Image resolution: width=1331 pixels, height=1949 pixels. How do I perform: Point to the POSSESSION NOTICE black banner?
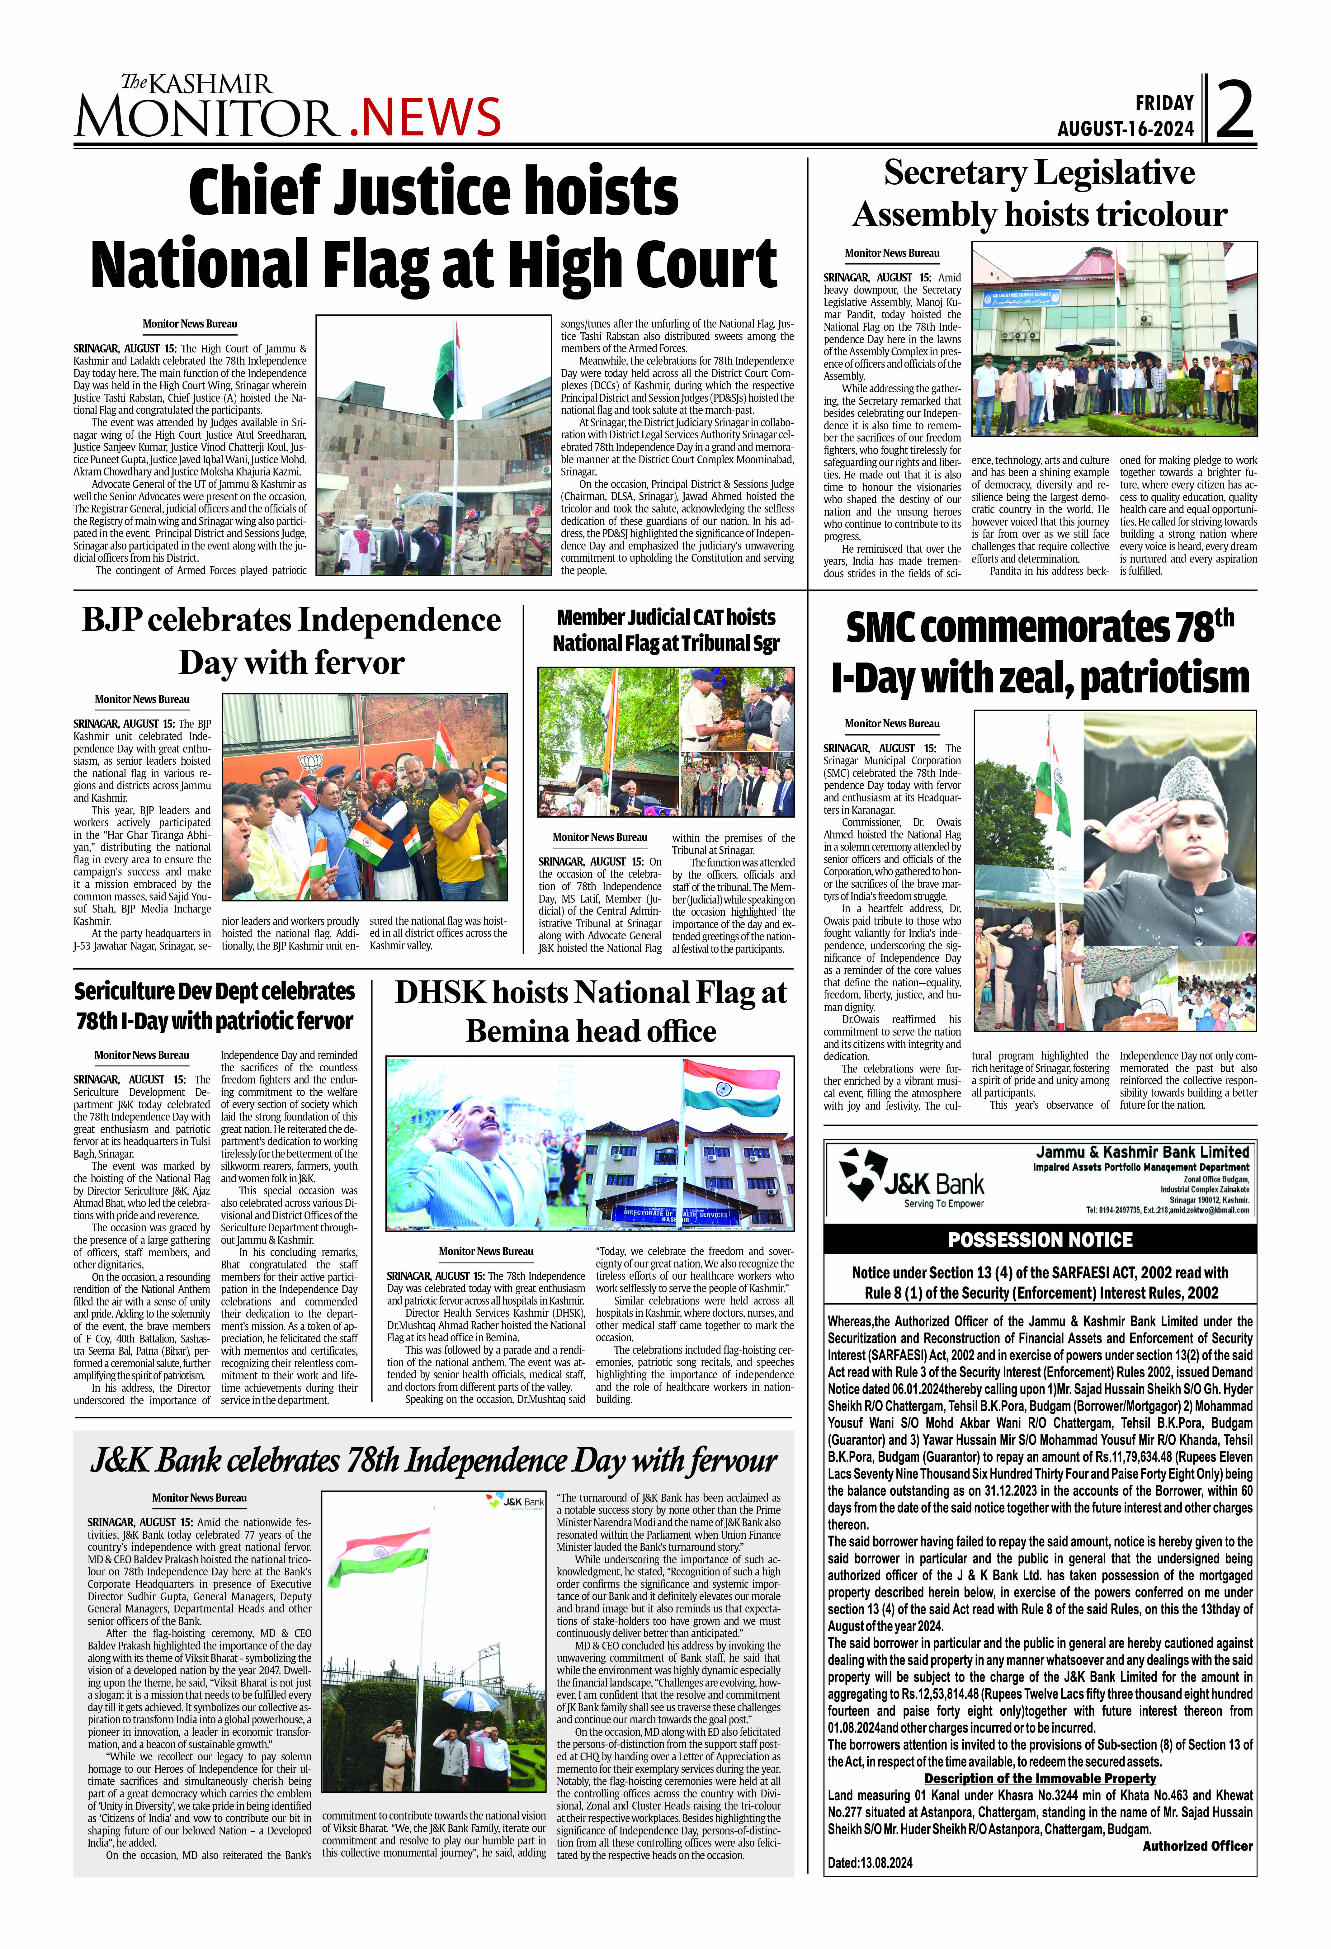tap(1040, 1239)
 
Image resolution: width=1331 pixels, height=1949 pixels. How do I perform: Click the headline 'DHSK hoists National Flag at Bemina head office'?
tap(590, 1012)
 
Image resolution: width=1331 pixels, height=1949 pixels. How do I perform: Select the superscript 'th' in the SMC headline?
tap(1225, 618)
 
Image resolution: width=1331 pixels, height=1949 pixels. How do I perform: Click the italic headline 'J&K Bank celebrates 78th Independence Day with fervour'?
tap(434, 1461)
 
